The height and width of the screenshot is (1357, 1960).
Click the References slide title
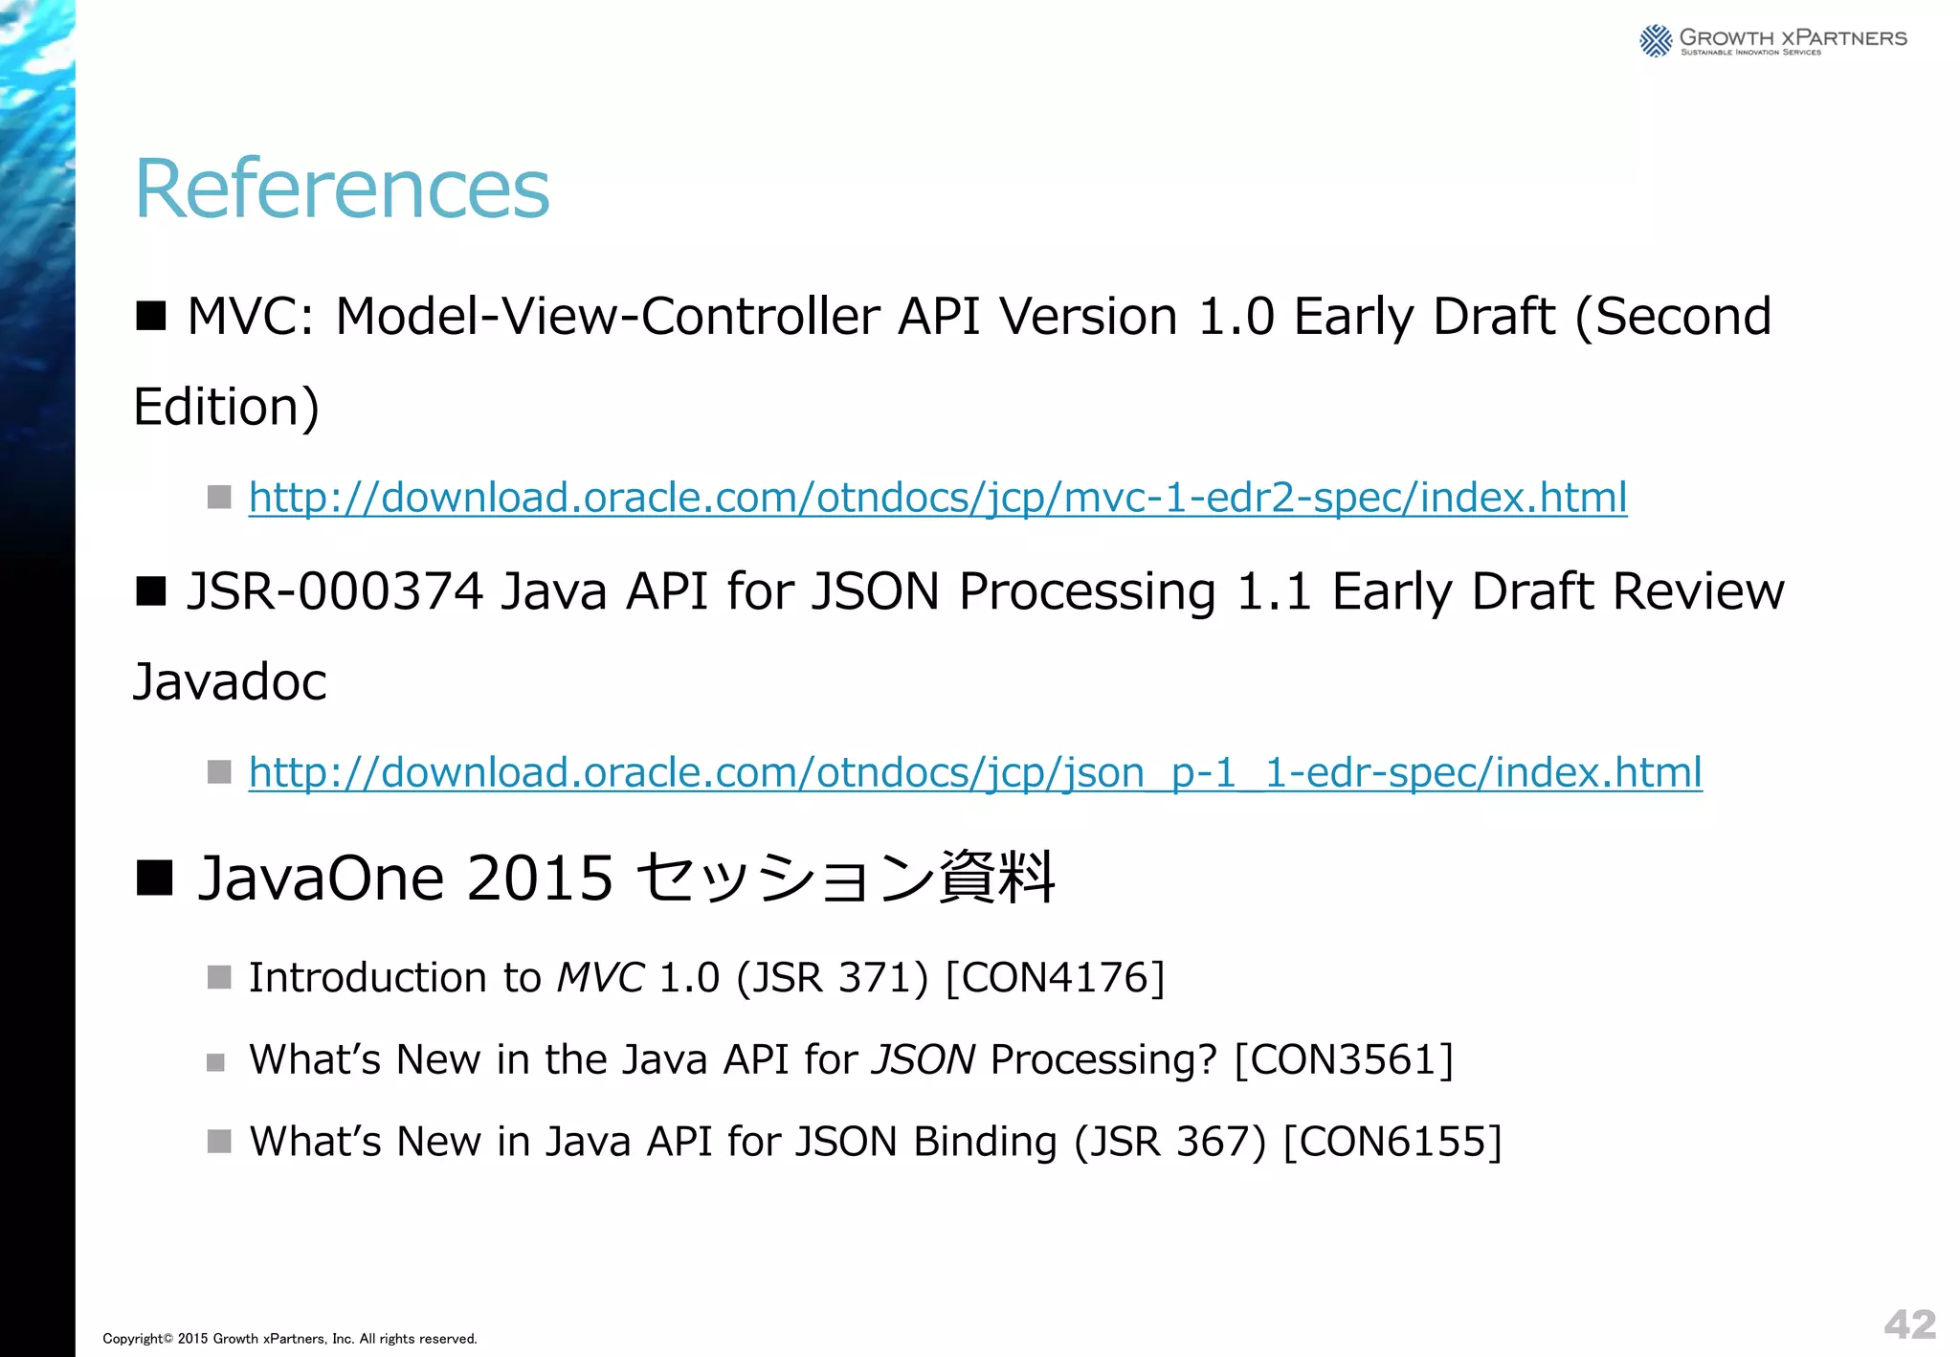[x=342, y=189]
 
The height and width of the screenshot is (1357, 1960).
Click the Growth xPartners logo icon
[x=1655, y=41]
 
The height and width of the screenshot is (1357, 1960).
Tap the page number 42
[x=1909, y=1324]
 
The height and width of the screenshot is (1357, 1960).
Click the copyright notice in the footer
[x=289, y=1339]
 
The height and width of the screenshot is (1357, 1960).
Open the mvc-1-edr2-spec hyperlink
[x=937, y=498]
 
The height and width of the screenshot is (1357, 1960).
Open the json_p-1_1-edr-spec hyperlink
[x=974, y=772]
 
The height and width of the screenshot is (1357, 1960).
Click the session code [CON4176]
[x=1055, y=978]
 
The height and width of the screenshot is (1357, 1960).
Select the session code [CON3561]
[x=1344, y=1060]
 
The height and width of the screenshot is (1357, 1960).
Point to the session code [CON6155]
[x=1392, y=1142]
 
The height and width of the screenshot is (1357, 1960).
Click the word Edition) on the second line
[x=226, y=407]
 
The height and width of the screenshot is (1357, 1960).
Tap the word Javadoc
[x=230, y=681]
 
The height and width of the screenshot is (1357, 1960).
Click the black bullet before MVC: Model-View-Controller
[x=151, y=315]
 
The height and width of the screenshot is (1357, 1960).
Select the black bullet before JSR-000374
[x=151, y=590]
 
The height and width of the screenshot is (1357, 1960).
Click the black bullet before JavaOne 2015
[x=153, y=877]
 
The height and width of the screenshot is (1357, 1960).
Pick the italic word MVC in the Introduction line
[x=600, y=978]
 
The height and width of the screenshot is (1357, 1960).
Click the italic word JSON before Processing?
[x=924, y=1060]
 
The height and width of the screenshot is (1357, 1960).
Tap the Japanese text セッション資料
[x=844, y=878]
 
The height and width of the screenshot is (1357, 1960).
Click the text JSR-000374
[x=334, y=590]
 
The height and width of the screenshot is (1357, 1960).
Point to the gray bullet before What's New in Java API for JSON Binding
[x=219, y=1142]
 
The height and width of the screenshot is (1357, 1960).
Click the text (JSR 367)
[x=1169, y=1142]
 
